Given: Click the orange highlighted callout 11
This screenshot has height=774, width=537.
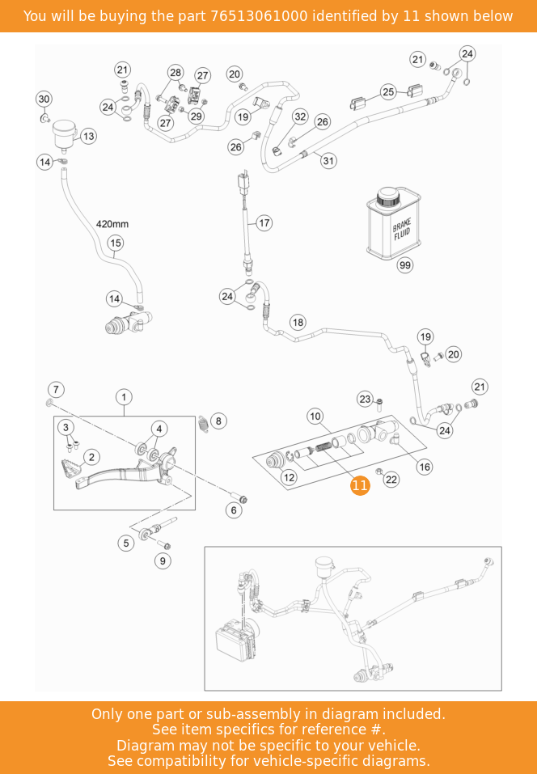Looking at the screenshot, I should click(x=360, y=485).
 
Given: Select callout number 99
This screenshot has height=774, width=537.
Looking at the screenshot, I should click(x=405, y=265).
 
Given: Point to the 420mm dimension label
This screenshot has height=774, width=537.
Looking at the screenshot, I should click(x=112, y=224).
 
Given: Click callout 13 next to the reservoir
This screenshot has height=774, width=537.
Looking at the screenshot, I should click(x=88, y=136).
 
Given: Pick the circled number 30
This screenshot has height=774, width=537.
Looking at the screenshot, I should click(x=44, y=99).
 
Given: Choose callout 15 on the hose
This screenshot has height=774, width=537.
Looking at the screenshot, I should click(x=115, y=243).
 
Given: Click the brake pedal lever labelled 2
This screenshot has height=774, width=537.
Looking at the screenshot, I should click(x=113, y=473).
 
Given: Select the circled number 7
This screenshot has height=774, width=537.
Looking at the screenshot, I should click(x=56, y=389).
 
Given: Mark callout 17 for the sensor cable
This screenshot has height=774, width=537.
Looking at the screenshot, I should click(x=264, y=222).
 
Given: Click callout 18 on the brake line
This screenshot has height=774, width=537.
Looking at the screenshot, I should click(x=298, y=323).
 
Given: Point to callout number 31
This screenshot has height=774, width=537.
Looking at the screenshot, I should click(x=328, y=161).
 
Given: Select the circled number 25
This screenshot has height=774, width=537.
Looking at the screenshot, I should click(x=388, y=92).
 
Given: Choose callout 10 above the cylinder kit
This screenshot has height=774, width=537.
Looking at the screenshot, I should click(x=315, y=417).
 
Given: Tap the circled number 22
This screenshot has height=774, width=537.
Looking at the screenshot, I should click(x=391, y=480).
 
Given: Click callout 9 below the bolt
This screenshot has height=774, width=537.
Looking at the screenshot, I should click(x=163, y=560).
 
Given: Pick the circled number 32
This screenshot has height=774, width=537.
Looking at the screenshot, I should click(x=300, y=116).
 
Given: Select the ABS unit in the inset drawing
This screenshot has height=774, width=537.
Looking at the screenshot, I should click(x=235, y=641).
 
